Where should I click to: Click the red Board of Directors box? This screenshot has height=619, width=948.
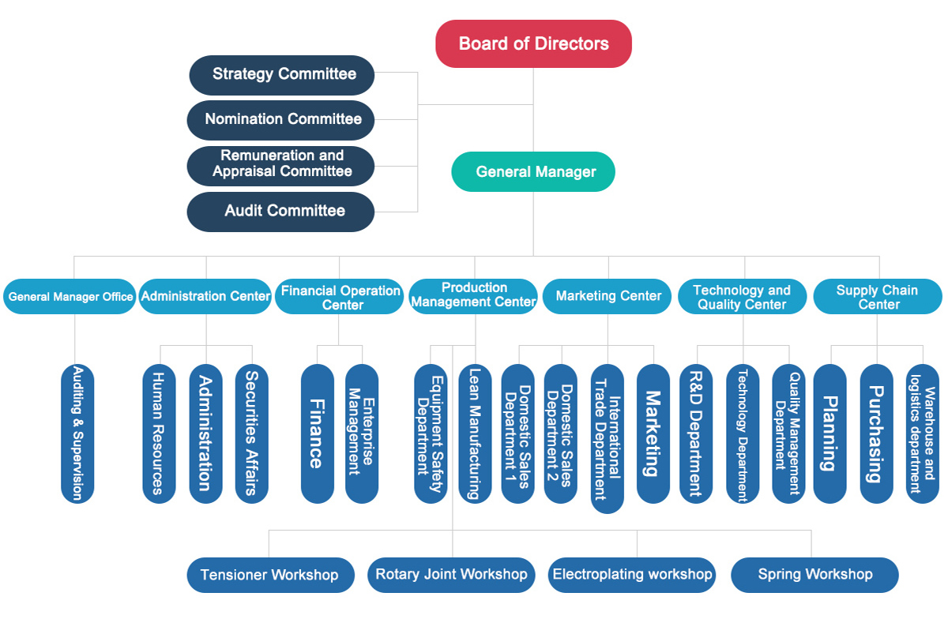click(x=533, y=43)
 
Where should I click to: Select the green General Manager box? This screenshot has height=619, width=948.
click(x=533, y=171)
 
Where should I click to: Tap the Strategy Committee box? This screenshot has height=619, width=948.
click(x=282, y=75)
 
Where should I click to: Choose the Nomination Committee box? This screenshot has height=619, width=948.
click(x=280, y=120)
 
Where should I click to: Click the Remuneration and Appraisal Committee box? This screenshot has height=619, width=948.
click(x=280, y=166)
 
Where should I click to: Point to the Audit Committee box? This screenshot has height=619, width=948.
click(x=280, y=212)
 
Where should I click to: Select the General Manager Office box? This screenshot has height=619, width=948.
click(x=70, y=296)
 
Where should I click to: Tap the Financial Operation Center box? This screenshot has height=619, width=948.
click(x=340, y=296)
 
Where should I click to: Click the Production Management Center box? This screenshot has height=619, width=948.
click(x=473, y=296)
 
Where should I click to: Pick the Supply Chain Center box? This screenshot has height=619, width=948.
click(x=878, y=296)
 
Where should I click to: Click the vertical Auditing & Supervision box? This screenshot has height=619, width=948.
click(x=77, y=433)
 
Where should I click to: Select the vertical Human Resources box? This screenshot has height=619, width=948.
click(x=159, y=433)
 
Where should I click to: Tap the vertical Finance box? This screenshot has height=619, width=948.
click(x=318, y=433)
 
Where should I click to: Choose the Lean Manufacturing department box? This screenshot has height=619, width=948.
click(x=476, y=433)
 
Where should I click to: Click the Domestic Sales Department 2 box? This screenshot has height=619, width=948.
click(x=561, y=433)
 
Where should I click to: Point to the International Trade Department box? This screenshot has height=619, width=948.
click(x=608, y=439)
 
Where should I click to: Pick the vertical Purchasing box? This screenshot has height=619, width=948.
click(x=877, y=433)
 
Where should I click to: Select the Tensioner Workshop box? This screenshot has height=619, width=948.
click(x=271, y=575)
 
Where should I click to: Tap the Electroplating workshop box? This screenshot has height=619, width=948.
click(x=632, y=575)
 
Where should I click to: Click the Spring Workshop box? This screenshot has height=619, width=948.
click(x=814, y=575)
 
